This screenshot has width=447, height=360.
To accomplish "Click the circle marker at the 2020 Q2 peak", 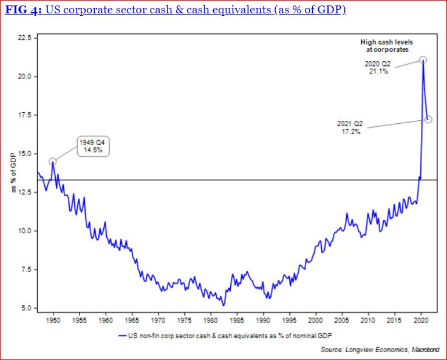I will (423, 59).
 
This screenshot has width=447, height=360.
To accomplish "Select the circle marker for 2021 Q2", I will (428, 119).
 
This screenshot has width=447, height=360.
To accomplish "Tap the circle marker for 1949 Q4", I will (53, 161).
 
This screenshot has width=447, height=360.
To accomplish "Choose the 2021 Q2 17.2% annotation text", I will (349, 127).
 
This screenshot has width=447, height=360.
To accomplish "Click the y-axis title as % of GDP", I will (13, 173).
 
